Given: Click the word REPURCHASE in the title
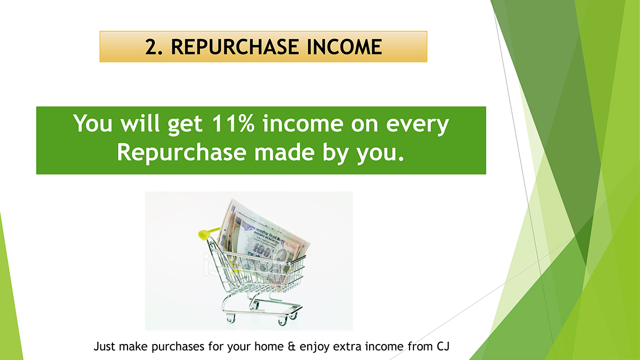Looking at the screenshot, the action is [235, 47].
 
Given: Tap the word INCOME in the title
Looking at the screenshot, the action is [345, 47].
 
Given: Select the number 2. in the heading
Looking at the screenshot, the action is [154, 47].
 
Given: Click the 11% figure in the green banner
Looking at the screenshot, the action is [233, 124].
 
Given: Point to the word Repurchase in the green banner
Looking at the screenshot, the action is [182, 153].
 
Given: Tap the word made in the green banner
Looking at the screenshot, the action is [285, 151].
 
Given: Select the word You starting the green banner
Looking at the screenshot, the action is [93, 123].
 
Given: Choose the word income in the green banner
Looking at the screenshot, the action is [303, 123].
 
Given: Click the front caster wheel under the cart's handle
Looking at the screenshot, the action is [230, 318].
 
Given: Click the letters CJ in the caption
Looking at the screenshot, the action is [443, 346].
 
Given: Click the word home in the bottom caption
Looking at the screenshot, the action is [269, 346].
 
